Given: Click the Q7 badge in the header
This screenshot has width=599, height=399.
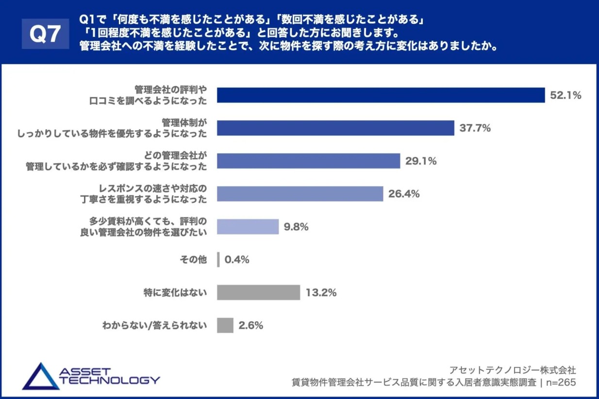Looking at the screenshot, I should tap(45, 34).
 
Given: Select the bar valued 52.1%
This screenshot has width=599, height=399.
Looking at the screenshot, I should tap(381, 95).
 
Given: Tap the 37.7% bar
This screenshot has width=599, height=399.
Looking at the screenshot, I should tap(335, 128).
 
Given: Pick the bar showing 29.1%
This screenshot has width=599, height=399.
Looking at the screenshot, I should tap(308, 161).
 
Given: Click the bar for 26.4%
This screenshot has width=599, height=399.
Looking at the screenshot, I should tap(300, 194).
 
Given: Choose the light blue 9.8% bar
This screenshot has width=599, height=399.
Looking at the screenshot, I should tap(248, 227).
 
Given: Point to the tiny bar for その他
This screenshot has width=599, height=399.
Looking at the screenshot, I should tap(218, 260).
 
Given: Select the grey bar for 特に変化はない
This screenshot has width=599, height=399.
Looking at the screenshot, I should tap(258, 293).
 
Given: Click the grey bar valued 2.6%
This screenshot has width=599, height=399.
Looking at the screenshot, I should tap(225, 325).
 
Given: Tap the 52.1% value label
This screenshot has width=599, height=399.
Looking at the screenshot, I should tap(566, 96).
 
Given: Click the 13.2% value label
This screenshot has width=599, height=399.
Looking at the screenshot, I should tap(321, 293).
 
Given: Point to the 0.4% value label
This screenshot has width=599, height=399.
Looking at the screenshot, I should tap(236, 260).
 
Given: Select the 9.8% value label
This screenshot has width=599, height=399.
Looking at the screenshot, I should tap(296, 227).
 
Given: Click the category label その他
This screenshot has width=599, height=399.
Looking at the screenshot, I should tap(193, 260).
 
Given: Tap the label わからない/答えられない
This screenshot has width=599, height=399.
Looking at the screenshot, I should tap(155, 325).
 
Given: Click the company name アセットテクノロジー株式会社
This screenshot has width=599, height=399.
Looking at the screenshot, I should tap(513, 370).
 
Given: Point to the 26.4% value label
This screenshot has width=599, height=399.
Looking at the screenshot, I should tap(404, 194).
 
